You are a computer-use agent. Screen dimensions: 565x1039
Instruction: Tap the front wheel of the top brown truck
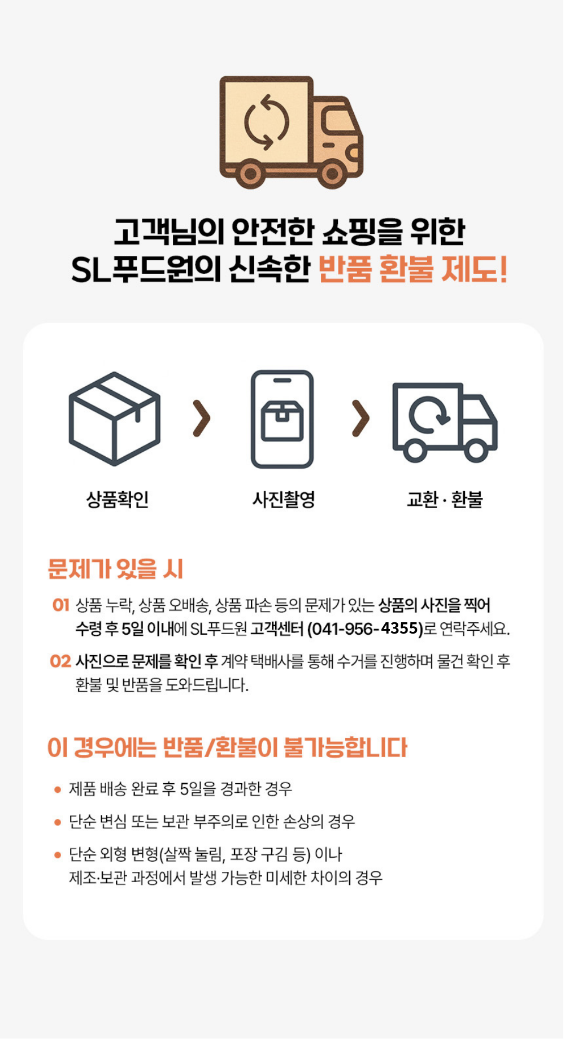332,174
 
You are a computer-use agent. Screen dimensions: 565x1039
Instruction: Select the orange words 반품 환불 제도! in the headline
413,269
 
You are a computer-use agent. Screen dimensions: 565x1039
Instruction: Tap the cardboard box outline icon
115,418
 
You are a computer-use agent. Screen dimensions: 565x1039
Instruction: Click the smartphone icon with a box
282,419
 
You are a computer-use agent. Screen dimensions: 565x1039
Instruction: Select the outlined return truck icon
445,422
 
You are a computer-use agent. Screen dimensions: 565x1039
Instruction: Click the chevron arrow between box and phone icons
201,418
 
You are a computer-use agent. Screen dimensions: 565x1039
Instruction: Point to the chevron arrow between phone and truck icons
360,418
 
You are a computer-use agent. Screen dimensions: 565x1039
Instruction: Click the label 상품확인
118,499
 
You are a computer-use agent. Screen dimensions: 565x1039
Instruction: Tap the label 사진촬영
283,499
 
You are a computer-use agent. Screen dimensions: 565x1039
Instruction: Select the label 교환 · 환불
445,499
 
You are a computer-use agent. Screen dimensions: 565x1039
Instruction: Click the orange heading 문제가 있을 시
116,569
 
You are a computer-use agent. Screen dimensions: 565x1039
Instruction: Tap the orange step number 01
60,605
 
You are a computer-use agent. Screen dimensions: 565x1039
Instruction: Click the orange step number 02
60,661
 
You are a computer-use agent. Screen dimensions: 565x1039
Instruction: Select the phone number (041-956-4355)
365,628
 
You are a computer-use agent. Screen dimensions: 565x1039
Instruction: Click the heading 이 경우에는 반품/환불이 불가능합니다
227,748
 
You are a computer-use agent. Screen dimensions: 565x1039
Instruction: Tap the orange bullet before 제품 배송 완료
58,789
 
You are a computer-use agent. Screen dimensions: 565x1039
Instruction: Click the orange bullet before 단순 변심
58,822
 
